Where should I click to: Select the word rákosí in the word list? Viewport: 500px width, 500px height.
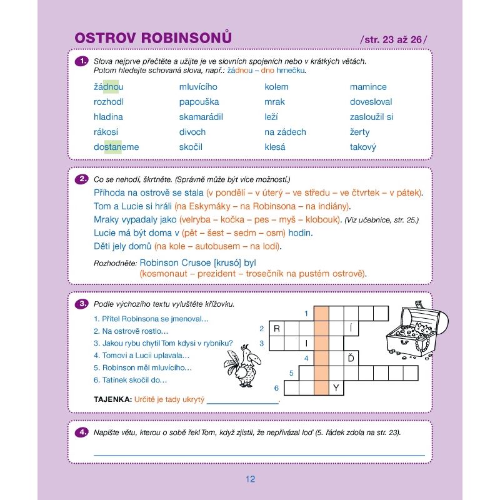[106, 132]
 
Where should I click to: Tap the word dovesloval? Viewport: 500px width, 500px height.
[371, 102]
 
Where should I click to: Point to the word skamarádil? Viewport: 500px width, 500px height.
[201, 117]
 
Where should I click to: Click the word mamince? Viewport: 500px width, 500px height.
[368, 87]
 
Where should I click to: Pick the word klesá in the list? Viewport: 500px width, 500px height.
[275, 147]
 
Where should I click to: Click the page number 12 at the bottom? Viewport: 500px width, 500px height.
[250, 479]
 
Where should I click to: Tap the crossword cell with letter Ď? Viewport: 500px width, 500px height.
[351, 358]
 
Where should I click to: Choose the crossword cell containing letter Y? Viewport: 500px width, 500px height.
[336, 388]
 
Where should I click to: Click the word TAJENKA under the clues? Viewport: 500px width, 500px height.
[112, 399]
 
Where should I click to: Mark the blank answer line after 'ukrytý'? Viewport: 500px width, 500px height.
[242, 401]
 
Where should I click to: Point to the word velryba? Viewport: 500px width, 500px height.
[197, 219]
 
